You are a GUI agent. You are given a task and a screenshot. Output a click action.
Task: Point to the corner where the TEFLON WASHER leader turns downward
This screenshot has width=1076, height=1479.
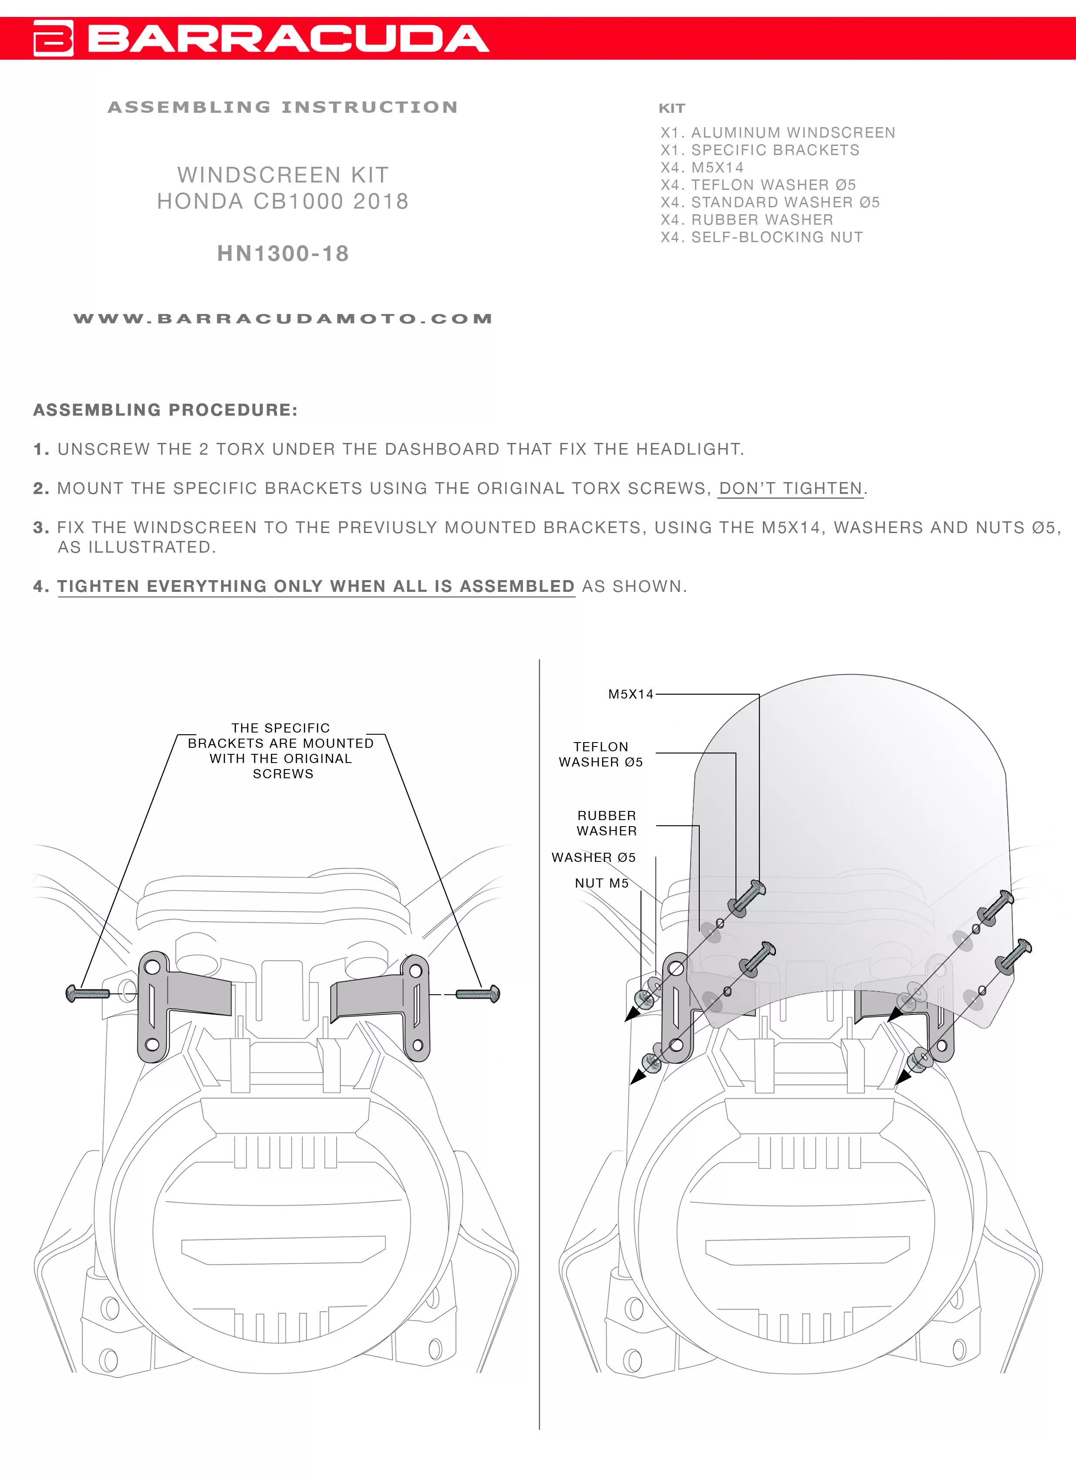735,753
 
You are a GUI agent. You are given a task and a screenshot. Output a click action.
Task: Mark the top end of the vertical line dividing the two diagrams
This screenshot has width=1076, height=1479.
539,660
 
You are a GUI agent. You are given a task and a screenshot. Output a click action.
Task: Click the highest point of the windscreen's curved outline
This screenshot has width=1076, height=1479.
850,674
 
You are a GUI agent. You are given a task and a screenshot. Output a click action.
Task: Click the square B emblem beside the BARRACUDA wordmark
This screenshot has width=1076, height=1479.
54,38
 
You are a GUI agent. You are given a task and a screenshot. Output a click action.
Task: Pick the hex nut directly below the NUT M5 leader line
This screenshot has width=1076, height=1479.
643,998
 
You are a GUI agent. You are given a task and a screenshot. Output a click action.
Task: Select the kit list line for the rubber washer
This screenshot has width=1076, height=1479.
747,220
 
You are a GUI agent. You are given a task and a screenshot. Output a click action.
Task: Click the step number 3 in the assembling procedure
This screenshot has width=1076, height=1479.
40,527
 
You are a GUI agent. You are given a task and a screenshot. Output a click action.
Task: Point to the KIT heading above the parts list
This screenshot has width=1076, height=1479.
672,108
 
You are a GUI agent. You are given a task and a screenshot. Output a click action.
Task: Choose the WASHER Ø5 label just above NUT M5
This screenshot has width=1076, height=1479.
594,858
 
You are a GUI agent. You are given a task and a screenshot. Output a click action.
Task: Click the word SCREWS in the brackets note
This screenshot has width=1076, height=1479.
283,774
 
